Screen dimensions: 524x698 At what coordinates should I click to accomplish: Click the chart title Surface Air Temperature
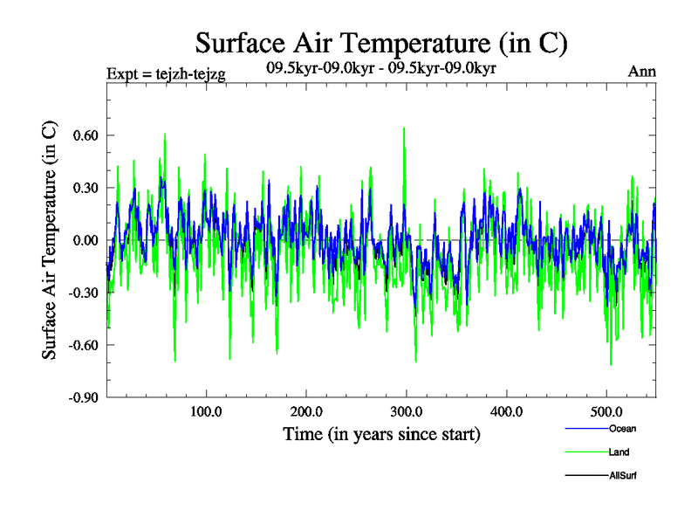click(381, 43)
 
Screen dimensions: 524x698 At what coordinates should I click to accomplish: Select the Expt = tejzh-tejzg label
click(166, 74)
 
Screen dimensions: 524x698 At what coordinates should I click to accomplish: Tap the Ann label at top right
click(642, 72)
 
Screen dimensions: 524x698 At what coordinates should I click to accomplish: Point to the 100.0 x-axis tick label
click(206, 412)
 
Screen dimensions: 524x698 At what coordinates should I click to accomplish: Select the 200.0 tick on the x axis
click(306, 412)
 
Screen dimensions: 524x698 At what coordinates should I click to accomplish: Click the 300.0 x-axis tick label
click(407, 412)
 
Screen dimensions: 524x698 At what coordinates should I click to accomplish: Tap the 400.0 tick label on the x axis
click(507, 412)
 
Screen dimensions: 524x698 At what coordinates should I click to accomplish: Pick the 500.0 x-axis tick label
click(607, 412)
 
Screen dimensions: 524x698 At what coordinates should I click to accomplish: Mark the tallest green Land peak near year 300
click(404, 128)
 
